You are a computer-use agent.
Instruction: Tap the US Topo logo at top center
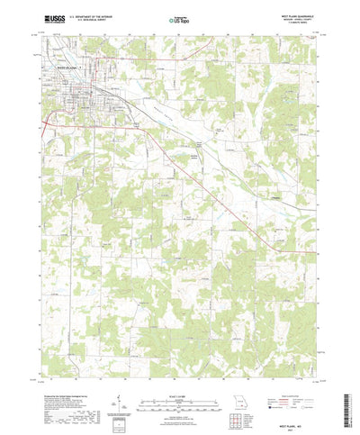pyautogui.click(x=177, y=17)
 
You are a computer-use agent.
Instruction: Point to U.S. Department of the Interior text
pyautogui.click(x=91, y=14)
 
